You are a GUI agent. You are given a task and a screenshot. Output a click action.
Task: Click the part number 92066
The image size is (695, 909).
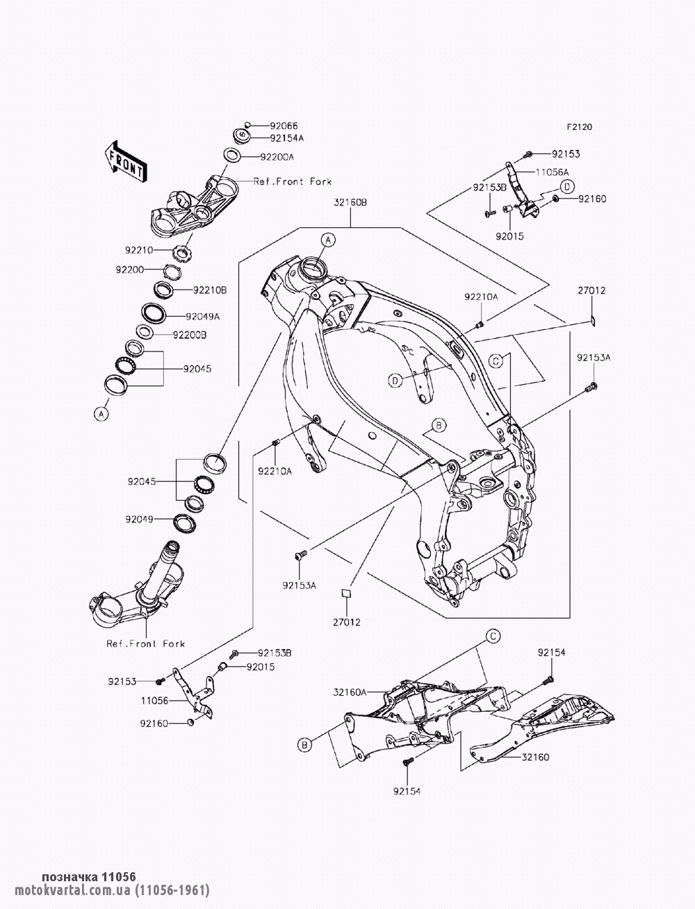click(284, 126)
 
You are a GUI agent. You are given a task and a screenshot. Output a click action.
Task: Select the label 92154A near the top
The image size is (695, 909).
click(287, 138)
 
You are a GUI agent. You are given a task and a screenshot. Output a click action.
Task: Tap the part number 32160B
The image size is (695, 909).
click(350, 203)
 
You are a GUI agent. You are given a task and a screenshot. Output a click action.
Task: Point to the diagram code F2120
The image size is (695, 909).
click(580, 127)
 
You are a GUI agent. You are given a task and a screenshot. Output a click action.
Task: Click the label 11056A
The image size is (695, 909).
click(553, 172)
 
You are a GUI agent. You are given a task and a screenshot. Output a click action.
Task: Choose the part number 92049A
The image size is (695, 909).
click(203, 317)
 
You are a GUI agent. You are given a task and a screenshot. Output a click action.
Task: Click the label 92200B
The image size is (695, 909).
click(190, 335)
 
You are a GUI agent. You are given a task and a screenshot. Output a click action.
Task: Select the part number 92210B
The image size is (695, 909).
click(210, 290)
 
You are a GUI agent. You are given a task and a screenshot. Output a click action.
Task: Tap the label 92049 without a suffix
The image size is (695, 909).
click(140, 519)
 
